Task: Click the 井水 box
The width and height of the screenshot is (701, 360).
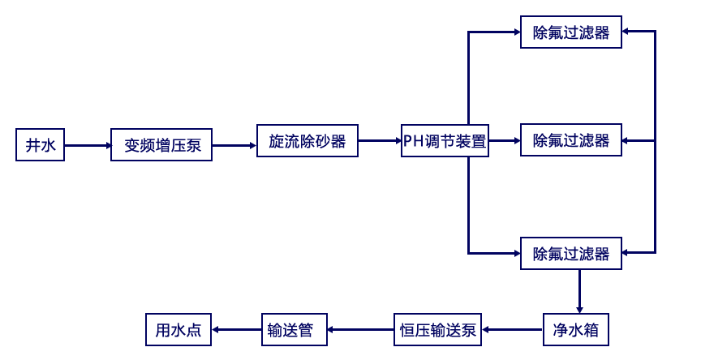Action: (x=41, y=145)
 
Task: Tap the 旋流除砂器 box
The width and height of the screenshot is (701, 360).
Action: (x=307, y=141)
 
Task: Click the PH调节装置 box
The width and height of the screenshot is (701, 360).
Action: (x=445, y=141)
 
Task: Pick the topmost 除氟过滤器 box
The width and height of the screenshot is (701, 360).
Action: (x=571, y=32)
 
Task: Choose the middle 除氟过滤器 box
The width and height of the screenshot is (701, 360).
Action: (x=571, y=141)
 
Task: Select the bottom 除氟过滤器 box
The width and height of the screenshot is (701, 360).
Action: (x=571, y=253)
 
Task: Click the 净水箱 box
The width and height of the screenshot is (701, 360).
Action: (x=575, y=330)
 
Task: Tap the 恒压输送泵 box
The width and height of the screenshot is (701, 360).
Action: (x=437, y=330)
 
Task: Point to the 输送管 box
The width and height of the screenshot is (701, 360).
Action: (x=293, y=330)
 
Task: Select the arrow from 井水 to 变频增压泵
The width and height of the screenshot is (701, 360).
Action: (x=88, y=145)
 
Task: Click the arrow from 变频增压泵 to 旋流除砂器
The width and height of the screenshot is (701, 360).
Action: (x=234, y=145)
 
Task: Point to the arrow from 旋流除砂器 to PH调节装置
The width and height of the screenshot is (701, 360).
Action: (x=379, y=141)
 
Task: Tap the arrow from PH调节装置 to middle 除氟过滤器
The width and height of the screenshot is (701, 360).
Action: (x=505, y=141)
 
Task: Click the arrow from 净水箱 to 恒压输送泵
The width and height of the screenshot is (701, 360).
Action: (x=512, y=330)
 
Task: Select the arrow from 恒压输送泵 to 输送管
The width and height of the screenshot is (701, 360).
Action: (x=359, y=330)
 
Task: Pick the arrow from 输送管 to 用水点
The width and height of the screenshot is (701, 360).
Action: (x=236, y=330)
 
